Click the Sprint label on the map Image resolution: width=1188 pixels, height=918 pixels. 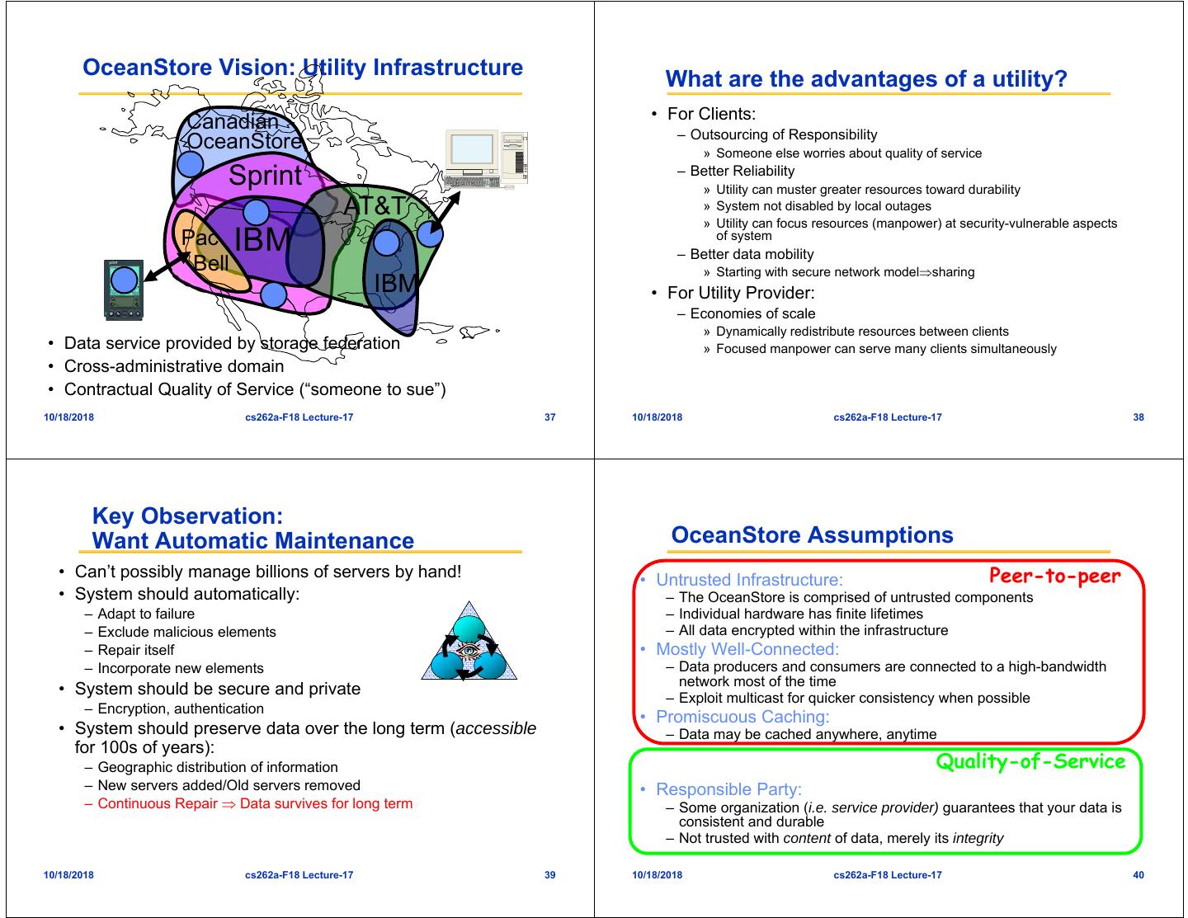coord(265,176)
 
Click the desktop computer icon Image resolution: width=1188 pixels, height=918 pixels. coord(485,159)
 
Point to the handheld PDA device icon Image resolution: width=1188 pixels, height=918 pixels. coord(124,290)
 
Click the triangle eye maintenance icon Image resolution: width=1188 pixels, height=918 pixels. coord(469,644)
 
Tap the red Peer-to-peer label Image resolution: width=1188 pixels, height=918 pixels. coord(1054,576)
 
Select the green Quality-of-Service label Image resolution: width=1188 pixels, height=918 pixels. coord(1030,761)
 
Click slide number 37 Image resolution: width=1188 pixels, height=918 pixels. coord(550,417)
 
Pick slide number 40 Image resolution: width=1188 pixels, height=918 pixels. coord(1138,875)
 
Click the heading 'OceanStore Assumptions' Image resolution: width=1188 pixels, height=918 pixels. coord(812,535)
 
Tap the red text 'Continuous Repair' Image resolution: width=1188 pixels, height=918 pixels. coord(158,803)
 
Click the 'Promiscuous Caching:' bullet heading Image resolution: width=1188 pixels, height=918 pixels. coord(742,716)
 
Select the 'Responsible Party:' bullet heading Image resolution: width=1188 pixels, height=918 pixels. coord(728,789)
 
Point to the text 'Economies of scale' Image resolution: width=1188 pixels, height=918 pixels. coord(752,313)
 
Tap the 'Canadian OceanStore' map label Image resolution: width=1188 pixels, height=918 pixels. coord(243,131)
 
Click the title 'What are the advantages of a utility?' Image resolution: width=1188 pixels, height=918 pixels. coord(865,79)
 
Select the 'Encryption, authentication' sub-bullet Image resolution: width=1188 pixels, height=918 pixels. coord(181,709)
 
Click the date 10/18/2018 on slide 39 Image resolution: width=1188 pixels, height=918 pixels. coord(68,875)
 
